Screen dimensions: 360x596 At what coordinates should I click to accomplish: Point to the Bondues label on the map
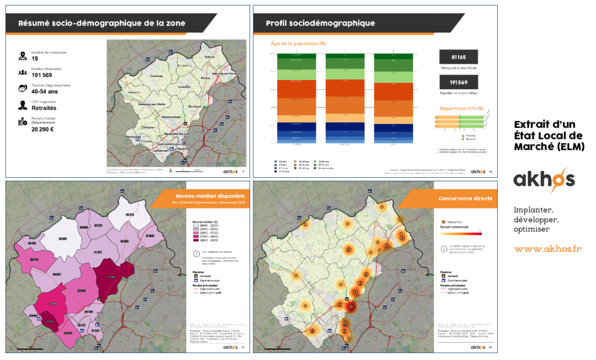tap(195, 106)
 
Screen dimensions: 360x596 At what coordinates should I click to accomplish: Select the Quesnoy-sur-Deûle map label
tap(145, 103)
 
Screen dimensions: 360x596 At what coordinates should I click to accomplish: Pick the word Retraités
tap(44, 108)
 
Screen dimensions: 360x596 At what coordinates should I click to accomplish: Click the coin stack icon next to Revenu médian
tap(22, 122)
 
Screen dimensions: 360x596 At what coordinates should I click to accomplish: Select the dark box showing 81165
tap(458, 57)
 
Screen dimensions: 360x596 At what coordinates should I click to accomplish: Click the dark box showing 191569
tap(458, 82)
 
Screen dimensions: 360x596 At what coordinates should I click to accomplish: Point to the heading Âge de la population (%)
tap(298, 44)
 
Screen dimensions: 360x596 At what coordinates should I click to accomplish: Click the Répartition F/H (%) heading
tap(461, 108)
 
